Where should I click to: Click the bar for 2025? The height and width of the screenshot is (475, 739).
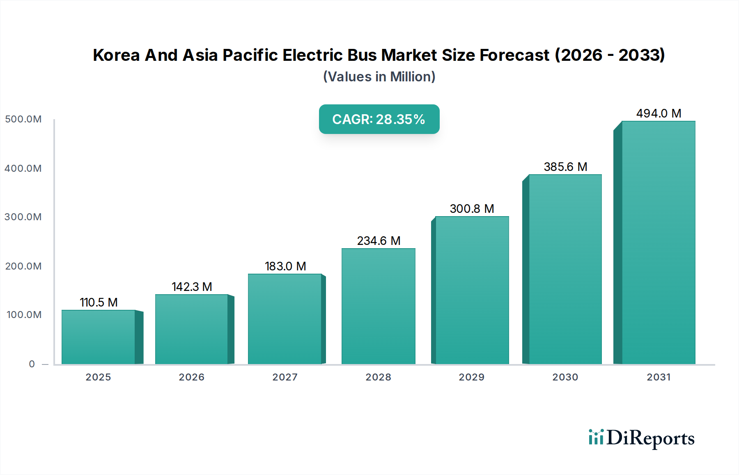(x=99, y=337)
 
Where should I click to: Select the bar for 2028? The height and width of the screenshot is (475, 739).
(x=378, y=306)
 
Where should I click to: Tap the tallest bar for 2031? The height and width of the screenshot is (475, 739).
(x=658, y=242)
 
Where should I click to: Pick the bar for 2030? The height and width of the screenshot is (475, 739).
(x=565, y=269)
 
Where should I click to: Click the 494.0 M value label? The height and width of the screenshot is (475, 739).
(x=659, y=113)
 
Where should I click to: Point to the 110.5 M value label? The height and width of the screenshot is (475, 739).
(x=99, y=302)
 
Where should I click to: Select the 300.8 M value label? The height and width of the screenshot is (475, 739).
(x=472, y=209)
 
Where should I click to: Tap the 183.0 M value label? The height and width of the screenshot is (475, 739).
(x=285, y=266)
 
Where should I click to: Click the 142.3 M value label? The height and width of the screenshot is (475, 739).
(x=192, y=287)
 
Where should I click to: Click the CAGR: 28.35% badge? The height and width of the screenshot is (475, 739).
(x=379, y=119)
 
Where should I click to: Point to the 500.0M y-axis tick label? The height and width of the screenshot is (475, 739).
(x=23, y=119)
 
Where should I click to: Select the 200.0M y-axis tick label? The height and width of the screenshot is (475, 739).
(x=23, y=266)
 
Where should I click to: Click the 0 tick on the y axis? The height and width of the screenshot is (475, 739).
(x=32, y=364)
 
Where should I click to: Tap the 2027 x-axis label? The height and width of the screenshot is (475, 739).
(x=285, y=377)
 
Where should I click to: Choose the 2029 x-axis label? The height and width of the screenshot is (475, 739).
(x=471, y=377)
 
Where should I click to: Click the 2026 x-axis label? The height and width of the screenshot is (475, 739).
(x=191, y=377)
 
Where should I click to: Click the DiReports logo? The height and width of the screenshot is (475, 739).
(x=641, y=438)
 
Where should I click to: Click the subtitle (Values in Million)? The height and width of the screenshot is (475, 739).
(x=379, y=77)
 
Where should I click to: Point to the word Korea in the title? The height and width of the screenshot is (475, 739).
(x=116, y=55)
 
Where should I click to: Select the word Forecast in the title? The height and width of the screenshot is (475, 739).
(x=514, y=55)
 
